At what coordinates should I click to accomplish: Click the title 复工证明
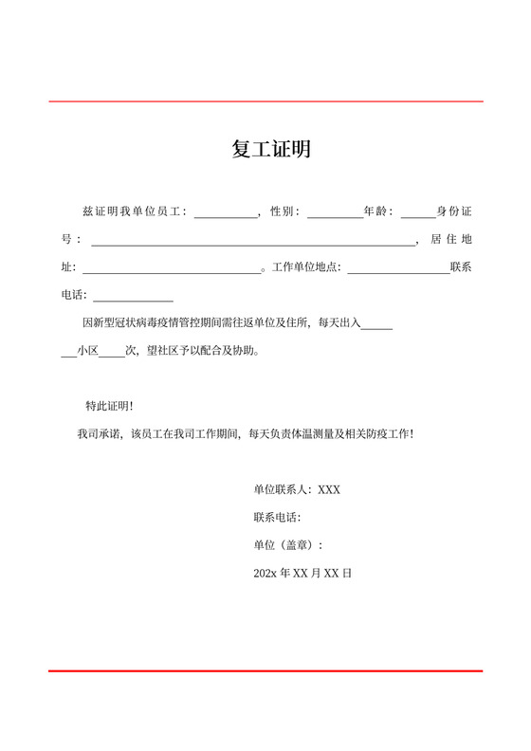tap(271, 150)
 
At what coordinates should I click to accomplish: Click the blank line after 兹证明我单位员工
tap(226, 215)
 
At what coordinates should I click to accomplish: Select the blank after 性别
tap(334, 215)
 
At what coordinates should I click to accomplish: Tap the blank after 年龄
tap(418, 215)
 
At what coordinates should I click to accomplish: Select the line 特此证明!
tap(109, 406)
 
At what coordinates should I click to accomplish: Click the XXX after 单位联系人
tap(329, 490)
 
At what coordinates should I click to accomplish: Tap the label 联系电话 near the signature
tap(277, 518)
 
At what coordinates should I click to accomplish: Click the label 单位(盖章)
tap(287, 545)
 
